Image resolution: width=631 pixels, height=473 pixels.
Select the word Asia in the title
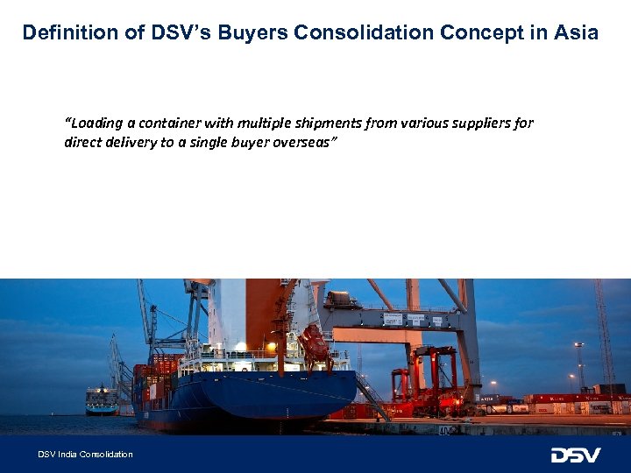(576, 33)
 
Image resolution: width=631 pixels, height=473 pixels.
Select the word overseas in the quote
(308, 143)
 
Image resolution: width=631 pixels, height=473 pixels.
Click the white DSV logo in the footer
(576, 455)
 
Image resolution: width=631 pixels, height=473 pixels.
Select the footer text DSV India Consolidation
(85, 455)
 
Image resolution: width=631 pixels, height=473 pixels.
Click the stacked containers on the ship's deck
(156, 372)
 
